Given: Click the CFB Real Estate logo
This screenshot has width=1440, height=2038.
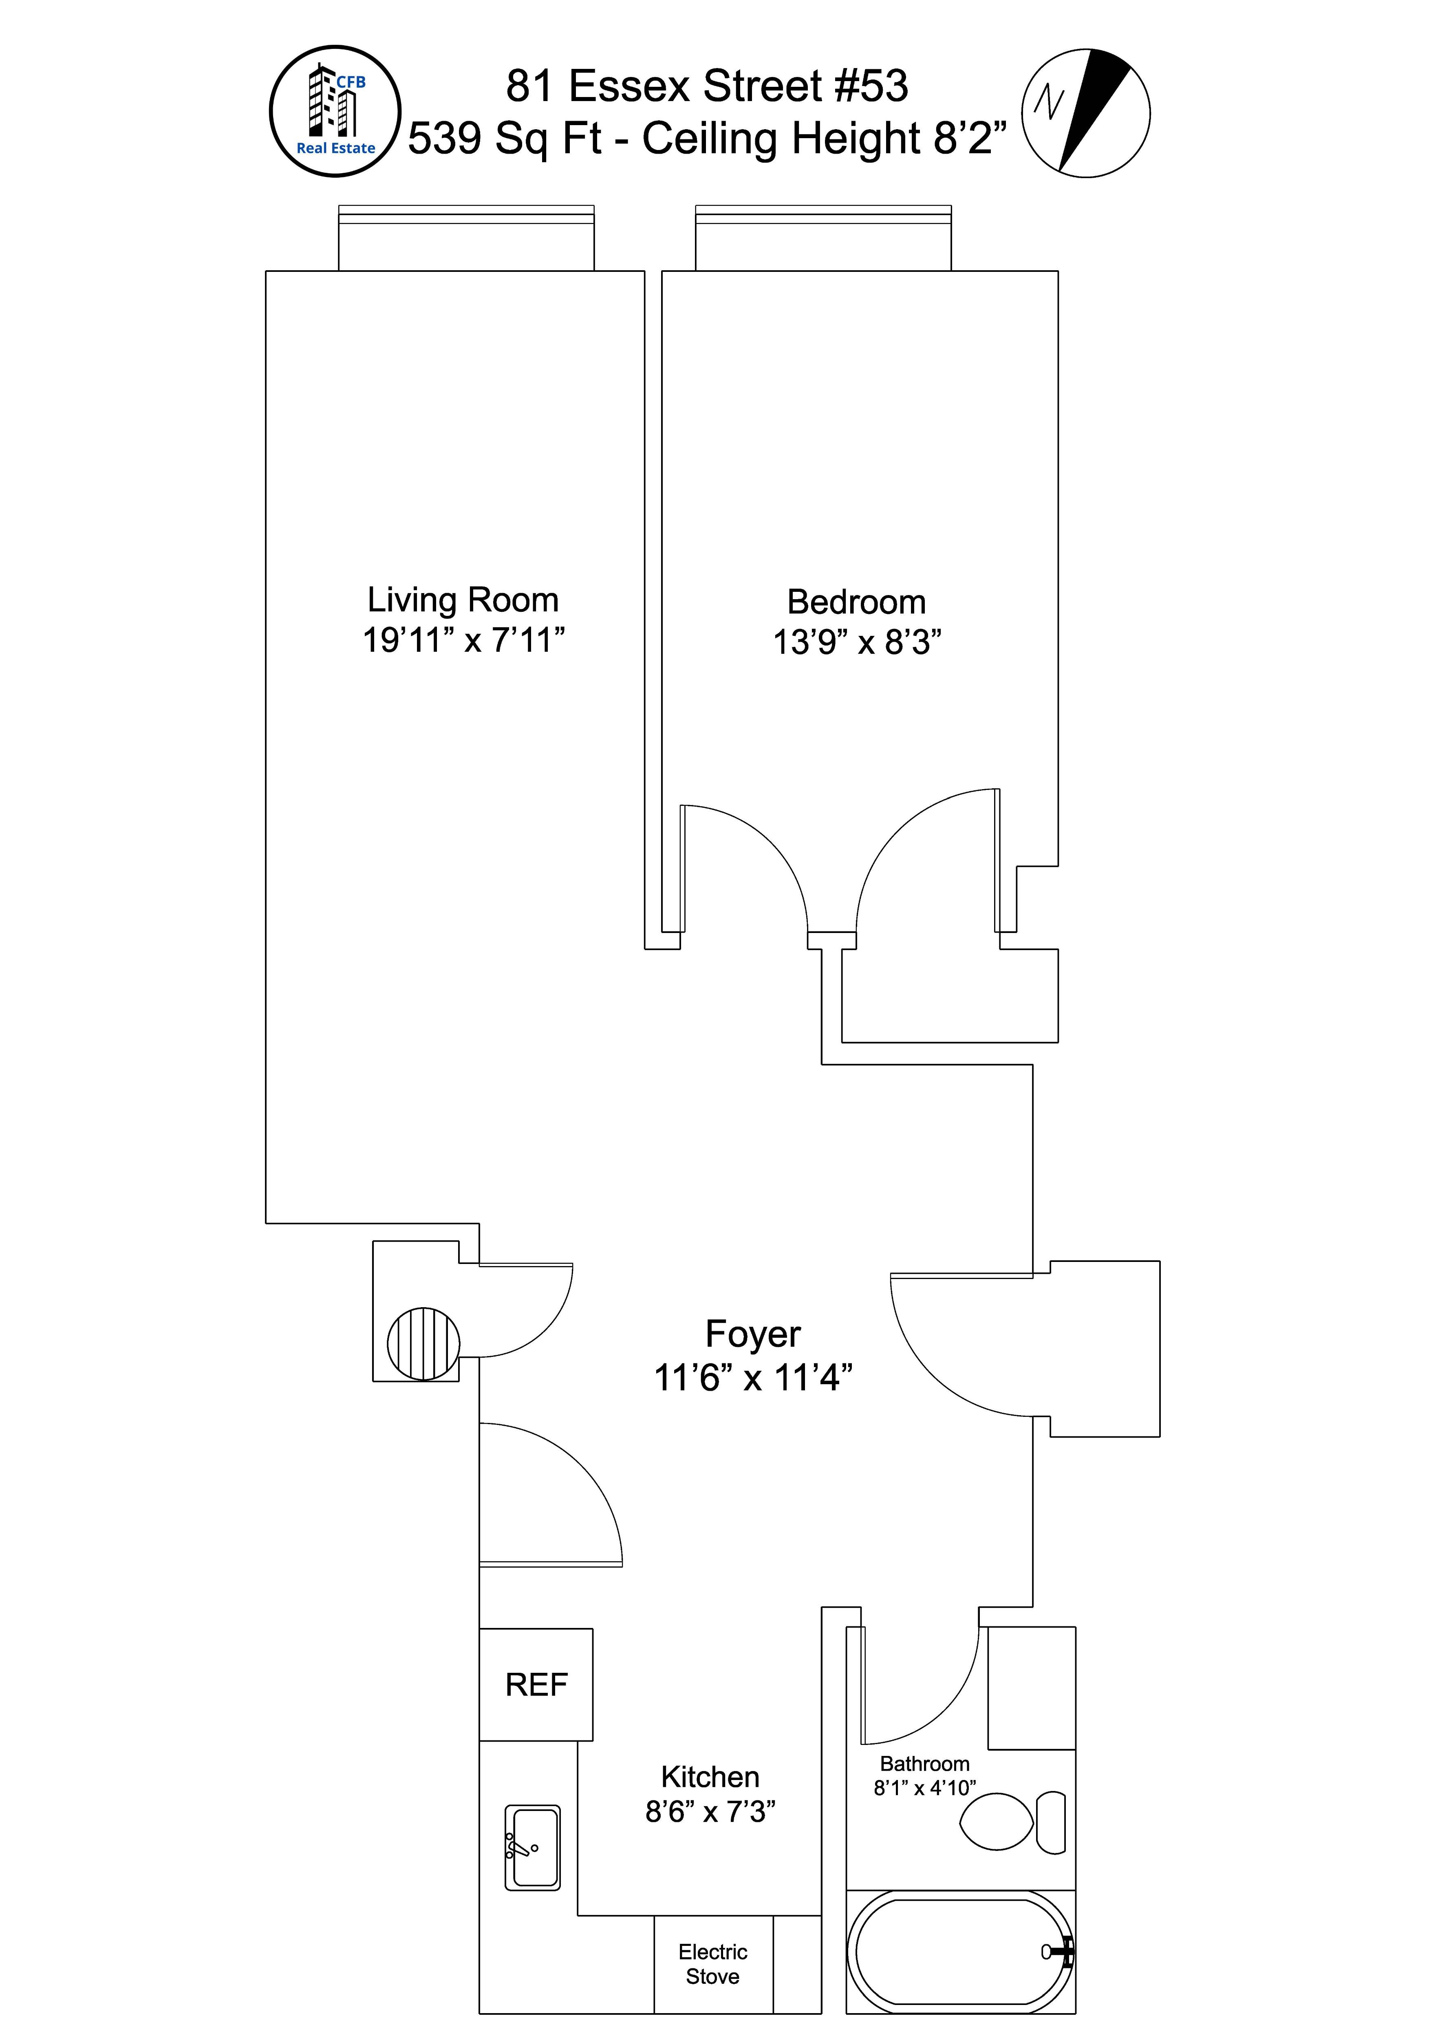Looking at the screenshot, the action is (x=335, y=111).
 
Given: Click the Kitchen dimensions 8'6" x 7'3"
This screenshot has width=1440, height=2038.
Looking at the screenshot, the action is (x=710, y=1811).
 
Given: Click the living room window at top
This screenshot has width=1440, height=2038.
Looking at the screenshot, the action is (x=466, y=238).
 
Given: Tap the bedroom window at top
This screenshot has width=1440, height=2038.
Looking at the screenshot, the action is (x=823, y=238).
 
